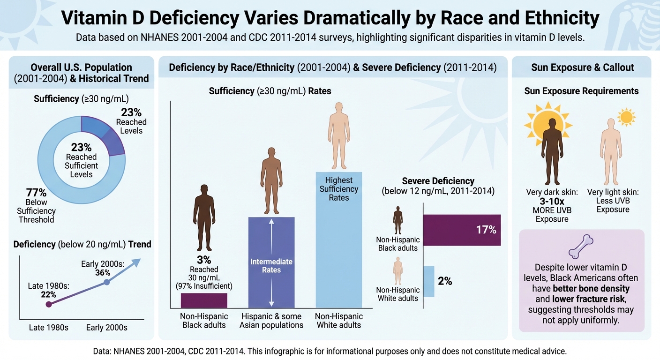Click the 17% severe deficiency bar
click(462, 230)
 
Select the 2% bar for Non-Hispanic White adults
click(428, 281)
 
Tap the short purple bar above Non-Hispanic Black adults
click(204, 300)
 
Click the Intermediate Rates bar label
click(271, 266)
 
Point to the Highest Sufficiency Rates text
click(339, 189)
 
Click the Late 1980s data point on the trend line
click(48, 304)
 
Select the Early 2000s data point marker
click(106, 282)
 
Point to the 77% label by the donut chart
click(36, 193)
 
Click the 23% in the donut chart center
click(81, 147)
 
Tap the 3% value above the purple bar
click(204, 260)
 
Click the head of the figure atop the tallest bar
click(339, 108)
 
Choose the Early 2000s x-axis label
click(106, 327)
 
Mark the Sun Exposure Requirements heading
click(581, 91)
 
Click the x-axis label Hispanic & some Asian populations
click(271, 321)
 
